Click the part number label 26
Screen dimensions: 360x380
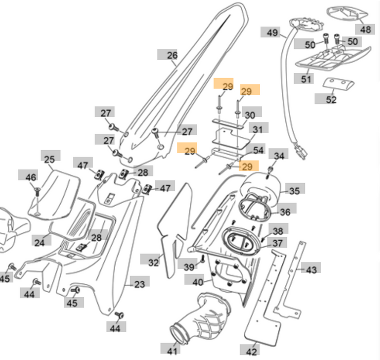pos(172,56)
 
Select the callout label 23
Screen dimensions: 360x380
pos(140,283)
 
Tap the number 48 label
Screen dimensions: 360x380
pos(365,29)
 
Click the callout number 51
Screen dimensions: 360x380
pos(306,79)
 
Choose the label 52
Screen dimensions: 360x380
pos(331,100)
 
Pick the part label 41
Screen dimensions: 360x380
pos(172,351)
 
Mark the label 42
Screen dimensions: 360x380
pos(251,352)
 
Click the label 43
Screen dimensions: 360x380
pos(312,269)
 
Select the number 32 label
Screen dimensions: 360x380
pos(154,263)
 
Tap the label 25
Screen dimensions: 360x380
pos(49,159)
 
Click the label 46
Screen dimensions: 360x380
pos(31,177)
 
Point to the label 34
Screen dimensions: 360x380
pos(279,156)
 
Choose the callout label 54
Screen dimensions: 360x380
pos(258,150)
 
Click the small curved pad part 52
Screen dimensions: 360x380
pos(338,83)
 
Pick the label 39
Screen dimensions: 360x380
pos(189,266)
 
